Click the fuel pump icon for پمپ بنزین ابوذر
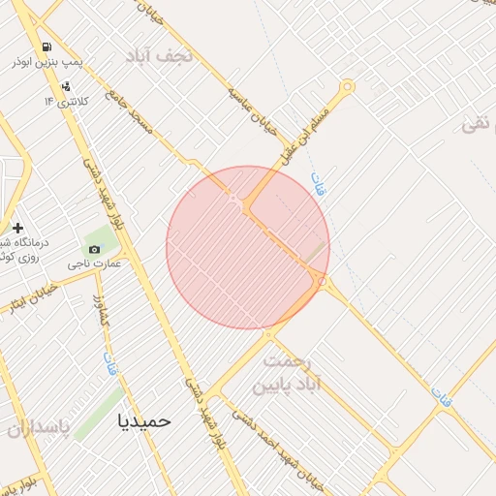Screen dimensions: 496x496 pos(46,47)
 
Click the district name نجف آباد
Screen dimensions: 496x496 pos(160,55)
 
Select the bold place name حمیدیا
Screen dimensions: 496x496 pos(143,420)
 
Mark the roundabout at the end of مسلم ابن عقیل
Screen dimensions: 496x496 pos(347,87)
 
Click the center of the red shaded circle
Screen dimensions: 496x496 pos(248,248)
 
